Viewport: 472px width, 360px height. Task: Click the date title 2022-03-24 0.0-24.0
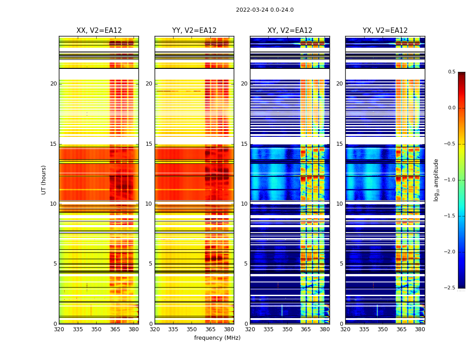tap(264, 10)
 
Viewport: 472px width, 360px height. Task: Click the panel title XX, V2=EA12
tap(99, 31)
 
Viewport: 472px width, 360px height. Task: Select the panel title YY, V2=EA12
tap(194, 31)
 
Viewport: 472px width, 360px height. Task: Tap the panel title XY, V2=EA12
tap(290, 31)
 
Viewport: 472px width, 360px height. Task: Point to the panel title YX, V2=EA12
tap(385, 31)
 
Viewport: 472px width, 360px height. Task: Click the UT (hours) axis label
tap(44, 180)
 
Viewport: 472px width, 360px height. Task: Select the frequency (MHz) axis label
tap(217, 338)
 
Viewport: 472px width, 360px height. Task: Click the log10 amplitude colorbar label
tap(436, 180)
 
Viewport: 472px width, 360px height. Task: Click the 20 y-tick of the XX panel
tap(53, 84)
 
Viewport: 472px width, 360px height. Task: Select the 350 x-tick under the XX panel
tap(97, 329)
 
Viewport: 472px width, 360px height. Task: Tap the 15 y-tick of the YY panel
tap(149, 144)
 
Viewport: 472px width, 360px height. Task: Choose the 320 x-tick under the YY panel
tap(155, 329)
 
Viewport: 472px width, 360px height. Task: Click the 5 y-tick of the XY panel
tap(246, 264)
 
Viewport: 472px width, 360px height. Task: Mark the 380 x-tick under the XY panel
tap(325, 329)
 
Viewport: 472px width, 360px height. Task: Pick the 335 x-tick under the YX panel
tap(364, 329)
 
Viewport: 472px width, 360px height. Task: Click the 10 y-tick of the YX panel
tap(340, 204)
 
